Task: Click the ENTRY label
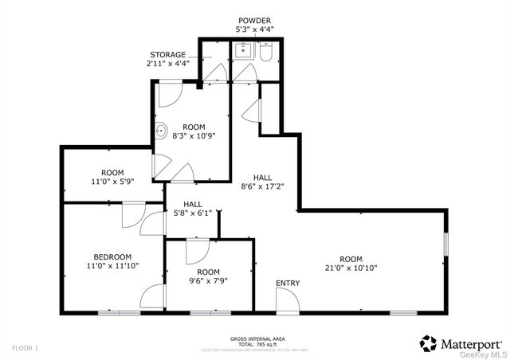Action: pyautogui.click(x=288, y=284)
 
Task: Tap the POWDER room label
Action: pyautogui.click(x=253, y=19)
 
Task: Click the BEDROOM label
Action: pyautogui.click(x=112, y=256)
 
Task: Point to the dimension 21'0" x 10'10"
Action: pyautogui.click(x=351, y=268)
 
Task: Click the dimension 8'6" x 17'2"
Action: pyautogui.click(x=263, y=186)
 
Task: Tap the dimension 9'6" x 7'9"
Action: pyautogui.click(x=204, y=280)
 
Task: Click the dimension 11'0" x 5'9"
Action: pyautogui.click(x=112, y=182)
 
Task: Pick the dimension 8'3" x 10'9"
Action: pyautogui.click(x=194, y=136)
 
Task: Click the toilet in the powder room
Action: pyautogui.click(x=265, y=53)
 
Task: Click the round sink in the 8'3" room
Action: pyautogui.click(x=159, y=131)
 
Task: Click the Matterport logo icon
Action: pyautogui.click(x=428, y=342)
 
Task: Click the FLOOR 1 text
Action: pyautogui.click(x=25, y=347)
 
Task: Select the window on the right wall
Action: pyautogui.click(x=446, y=244)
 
